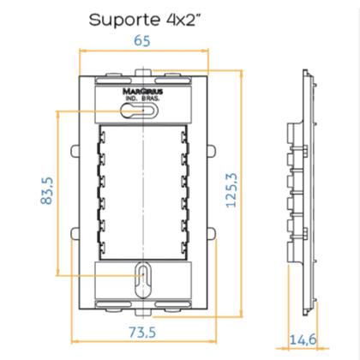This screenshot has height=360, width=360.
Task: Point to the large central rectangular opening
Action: click(x=141, y=190)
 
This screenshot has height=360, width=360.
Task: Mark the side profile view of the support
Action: click(x=301, y=189)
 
